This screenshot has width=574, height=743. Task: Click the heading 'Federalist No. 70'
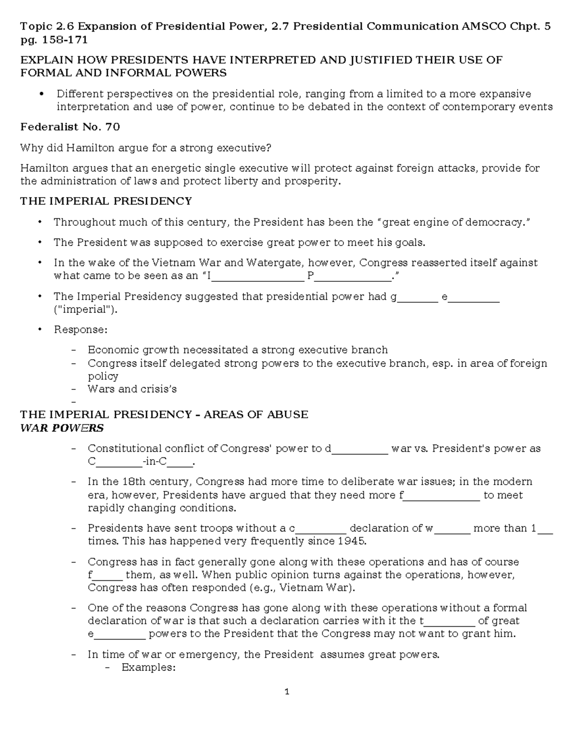(x=70, y=127)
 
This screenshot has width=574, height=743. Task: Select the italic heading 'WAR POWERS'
(x=62, y=427)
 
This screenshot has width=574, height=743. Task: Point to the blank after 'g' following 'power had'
(x=418, y=298)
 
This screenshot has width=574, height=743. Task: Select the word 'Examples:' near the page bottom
(x=149, y=667)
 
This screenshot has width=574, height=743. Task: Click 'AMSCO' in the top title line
(x=484, y=26)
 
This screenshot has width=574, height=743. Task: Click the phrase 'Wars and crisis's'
(x=132, y=389)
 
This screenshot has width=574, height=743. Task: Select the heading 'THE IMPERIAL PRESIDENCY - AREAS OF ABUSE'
(x=164, y=414)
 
